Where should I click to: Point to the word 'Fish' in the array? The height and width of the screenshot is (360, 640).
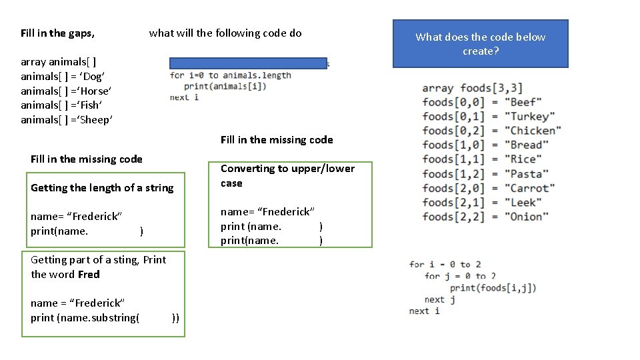91,105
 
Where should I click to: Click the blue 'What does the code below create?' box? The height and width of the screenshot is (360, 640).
480,44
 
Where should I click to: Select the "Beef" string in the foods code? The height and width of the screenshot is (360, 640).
524,102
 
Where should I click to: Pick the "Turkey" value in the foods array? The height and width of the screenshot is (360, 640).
529,117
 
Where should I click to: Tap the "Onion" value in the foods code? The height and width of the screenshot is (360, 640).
527,217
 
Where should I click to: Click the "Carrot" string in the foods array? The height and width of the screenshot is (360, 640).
529,188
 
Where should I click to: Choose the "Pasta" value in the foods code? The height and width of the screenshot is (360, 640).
527,174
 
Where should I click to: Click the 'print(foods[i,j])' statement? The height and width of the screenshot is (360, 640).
493,288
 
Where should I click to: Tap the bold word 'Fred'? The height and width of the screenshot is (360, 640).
89,274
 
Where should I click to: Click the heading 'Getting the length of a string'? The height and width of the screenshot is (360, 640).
102,188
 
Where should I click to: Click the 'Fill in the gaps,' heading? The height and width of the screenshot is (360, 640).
57,33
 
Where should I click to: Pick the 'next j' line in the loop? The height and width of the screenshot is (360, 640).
440,299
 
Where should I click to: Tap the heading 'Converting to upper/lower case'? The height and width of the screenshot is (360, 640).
287,175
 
